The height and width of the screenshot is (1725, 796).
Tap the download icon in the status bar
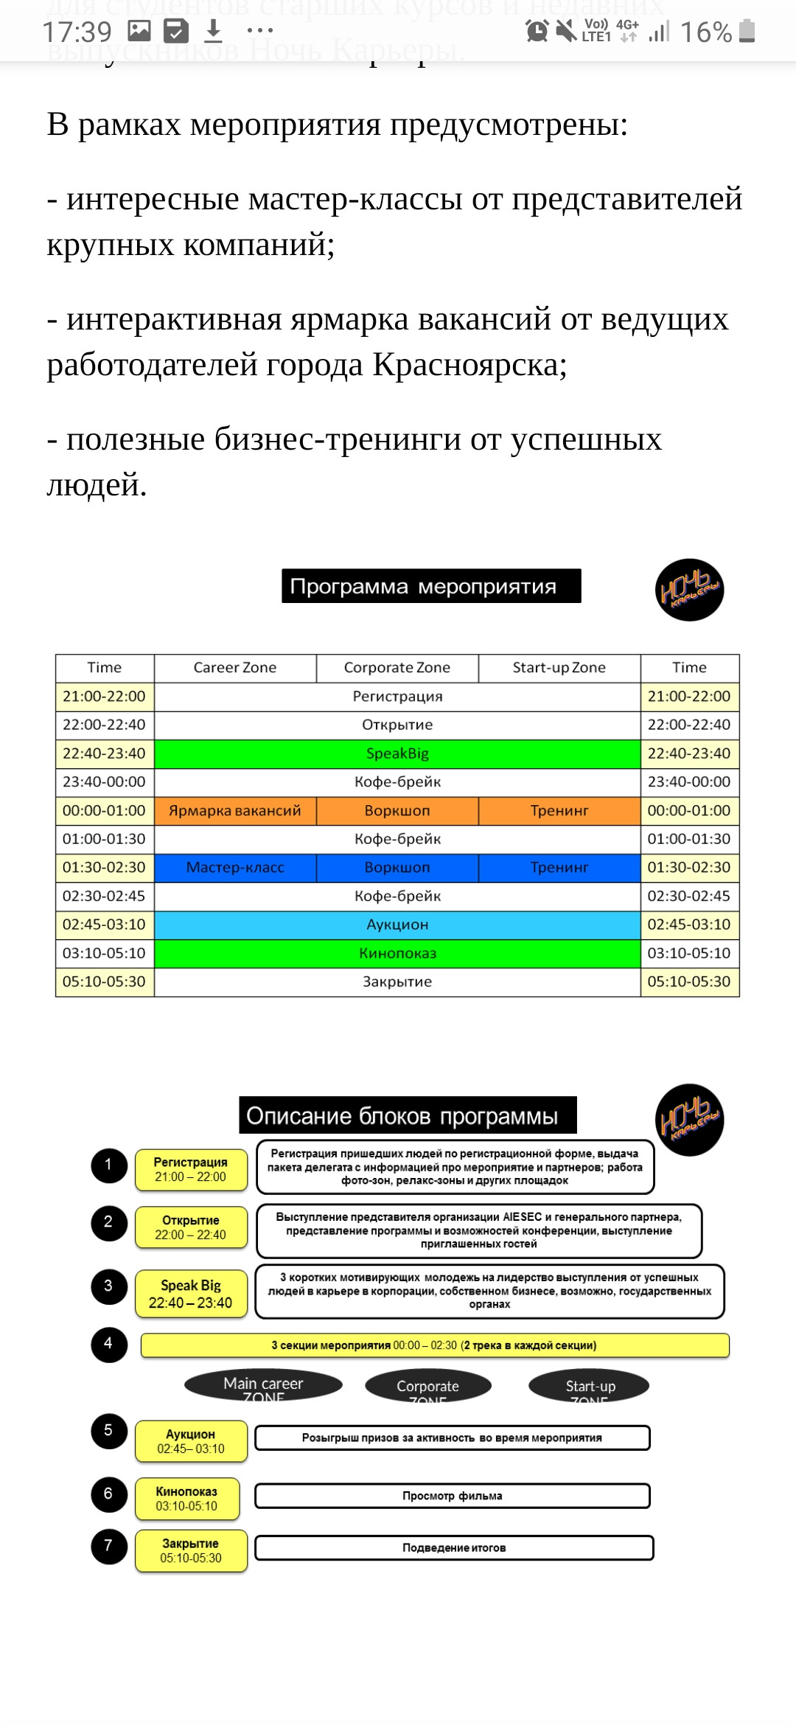coord(213,31)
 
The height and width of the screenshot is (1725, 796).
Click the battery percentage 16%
coord(705,32)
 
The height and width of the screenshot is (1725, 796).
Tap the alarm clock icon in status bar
coord(537,31)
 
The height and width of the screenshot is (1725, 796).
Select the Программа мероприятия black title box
coord(431,586)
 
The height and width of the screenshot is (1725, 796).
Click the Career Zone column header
coord(235,668)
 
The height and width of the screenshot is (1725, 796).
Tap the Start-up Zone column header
coord(559,668)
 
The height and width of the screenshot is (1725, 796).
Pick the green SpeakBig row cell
coord(397,753)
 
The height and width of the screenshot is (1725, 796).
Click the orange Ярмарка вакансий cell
coord(235,811)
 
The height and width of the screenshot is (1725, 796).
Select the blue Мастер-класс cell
coord(235,868)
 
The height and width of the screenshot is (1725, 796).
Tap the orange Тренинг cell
coord(559,811)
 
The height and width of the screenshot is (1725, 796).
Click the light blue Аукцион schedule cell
coord(397,924)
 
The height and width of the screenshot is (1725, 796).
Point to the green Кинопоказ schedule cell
coord(397,953)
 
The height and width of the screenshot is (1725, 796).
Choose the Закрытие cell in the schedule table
coord(397,982)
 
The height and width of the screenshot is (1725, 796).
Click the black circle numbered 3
coord(109,1286)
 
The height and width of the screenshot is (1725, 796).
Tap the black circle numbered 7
coord(109,1547)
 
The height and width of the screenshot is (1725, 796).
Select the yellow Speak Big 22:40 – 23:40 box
coord(191,1294)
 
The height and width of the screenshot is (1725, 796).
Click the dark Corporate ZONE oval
coord(428,1387)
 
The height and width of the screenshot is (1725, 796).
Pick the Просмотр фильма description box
coord(453,1496)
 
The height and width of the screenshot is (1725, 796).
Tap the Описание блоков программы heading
coord(408,1115)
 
